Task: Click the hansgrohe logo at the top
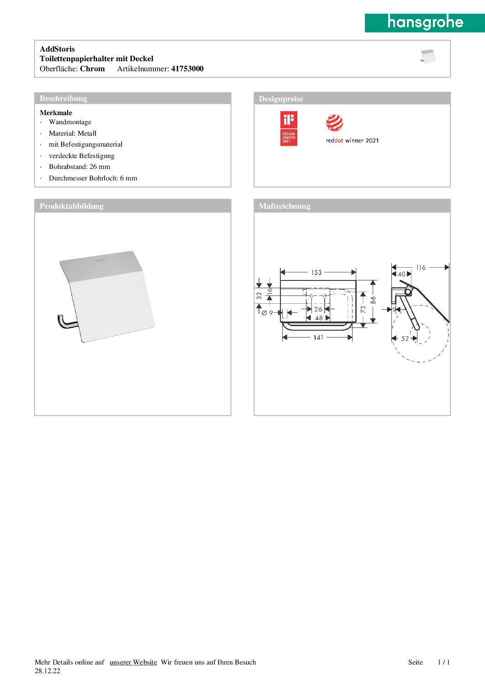(425, 22)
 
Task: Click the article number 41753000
(187, 69)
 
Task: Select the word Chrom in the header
(92, 69)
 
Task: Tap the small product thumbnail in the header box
(428, 57)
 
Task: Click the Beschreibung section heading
(63, 98)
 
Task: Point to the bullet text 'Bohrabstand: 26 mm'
(79, 167)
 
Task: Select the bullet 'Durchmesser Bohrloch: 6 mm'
(93, 178)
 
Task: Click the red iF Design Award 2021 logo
(289, 129)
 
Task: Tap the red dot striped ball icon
(334, 123)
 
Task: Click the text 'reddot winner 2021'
(352, 141)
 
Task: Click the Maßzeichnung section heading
(285, 206)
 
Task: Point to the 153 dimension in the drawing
(316, 273)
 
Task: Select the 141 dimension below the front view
(318, 338)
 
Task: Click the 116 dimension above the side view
(421, 268)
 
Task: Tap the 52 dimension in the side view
(405, 338)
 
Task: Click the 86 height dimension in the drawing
(373, 300)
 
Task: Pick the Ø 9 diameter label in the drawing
(267, 313)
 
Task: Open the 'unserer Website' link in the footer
(133, 662)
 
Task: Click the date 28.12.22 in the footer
(47, 671)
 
